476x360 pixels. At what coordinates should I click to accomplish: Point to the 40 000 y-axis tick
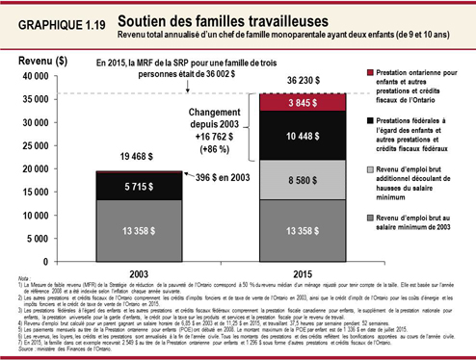click(x=40, y=75)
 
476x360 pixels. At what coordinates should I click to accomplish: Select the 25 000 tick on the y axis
click(x=40, y=145)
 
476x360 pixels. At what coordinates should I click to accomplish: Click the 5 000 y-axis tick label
click(x=43, y=239)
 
